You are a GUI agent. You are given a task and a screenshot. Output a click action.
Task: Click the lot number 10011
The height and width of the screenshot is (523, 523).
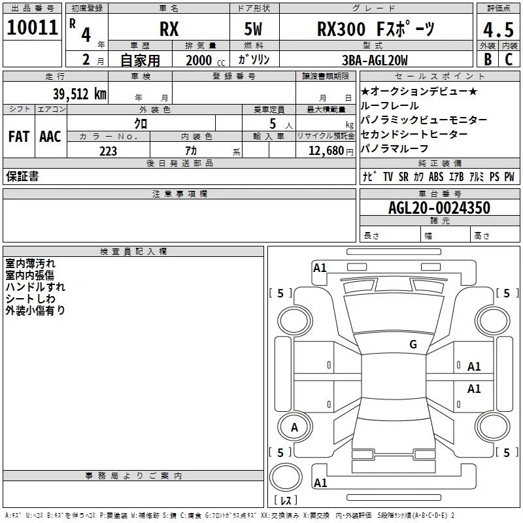tap(32, 27)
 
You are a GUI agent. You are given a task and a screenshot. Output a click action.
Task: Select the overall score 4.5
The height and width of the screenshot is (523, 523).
tap(498, 29)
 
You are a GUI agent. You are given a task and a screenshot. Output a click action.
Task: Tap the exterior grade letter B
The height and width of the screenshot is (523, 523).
tap(488, 59)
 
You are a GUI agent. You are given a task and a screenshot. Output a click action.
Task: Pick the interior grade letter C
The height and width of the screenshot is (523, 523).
tap(509, 59)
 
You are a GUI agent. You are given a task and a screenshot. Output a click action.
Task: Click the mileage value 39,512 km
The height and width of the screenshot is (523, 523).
tap(80, 94)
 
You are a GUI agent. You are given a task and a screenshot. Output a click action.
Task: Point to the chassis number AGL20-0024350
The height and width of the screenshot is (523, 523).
tap(439, 208)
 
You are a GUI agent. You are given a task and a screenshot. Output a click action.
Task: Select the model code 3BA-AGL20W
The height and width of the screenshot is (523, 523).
tap(375, 60)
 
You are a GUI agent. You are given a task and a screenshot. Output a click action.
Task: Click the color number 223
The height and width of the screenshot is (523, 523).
tap(108, 151)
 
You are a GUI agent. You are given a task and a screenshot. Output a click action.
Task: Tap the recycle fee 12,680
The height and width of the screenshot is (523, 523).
tap(326, 151)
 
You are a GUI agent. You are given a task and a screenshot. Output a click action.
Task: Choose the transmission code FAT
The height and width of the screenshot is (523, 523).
tap(19, 137)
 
